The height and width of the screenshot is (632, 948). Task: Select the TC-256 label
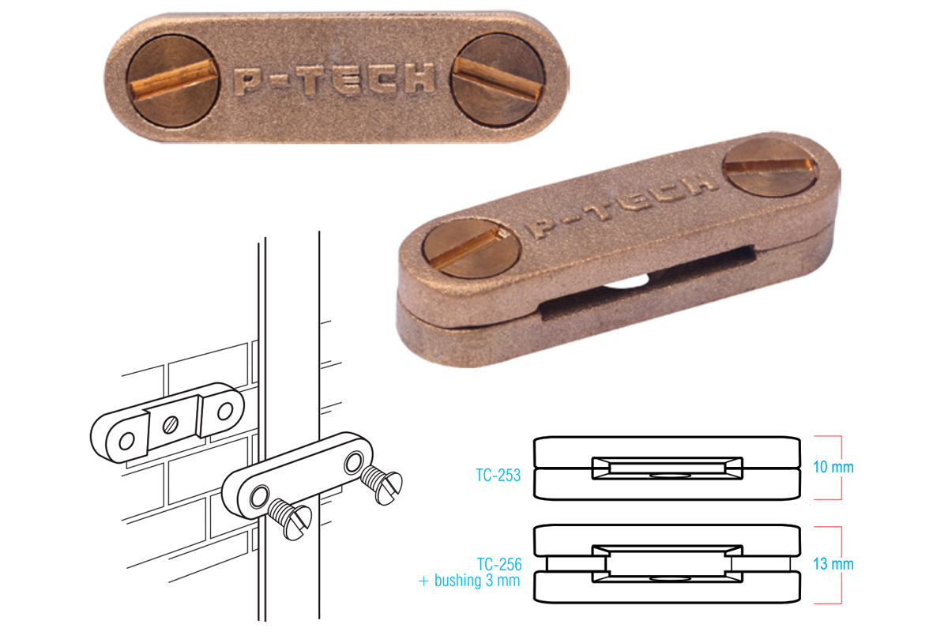(x=498, y=565)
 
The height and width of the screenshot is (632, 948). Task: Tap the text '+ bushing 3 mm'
(x=469, y=581)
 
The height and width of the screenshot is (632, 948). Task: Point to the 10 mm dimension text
(x=833, y=467)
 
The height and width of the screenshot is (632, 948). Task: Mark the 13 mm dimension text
(x=833, y=564)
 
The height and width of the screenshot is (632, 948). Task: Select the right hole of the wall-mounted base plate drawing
(x=225, y=411)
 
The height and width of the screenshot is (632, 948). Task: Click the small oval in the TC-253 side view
(x=668, y=476)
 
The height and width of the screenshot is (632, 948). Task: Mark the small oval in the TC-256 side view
(x=668, y=578)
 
